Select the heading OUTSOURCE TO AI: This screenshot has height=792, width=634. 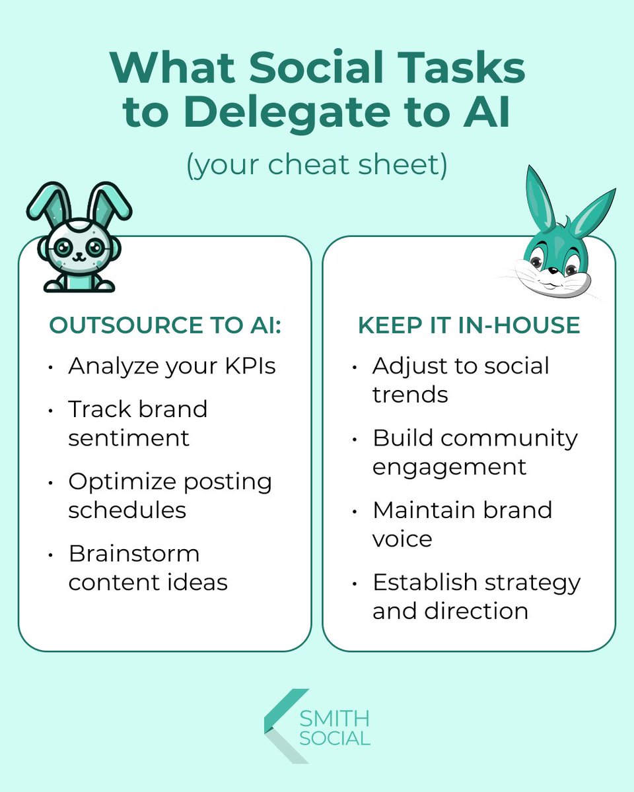point(165,326)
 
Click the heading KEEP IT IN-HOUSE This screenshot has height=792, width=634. point(469,326)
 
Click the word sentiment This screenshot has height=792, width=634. point(129,438)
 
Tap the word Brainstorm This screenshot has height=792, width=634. point(133,553)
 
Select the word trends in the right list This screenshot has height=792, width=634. point(410,395)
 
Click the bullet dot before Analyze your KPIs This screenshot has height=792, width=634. point(51,368)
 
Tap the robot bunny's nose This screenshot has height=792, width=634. point(79,251)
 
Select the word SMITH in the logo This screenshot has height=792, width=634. point(334,718)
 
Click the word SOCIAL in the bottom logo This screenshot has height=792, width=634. point(334,738)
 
